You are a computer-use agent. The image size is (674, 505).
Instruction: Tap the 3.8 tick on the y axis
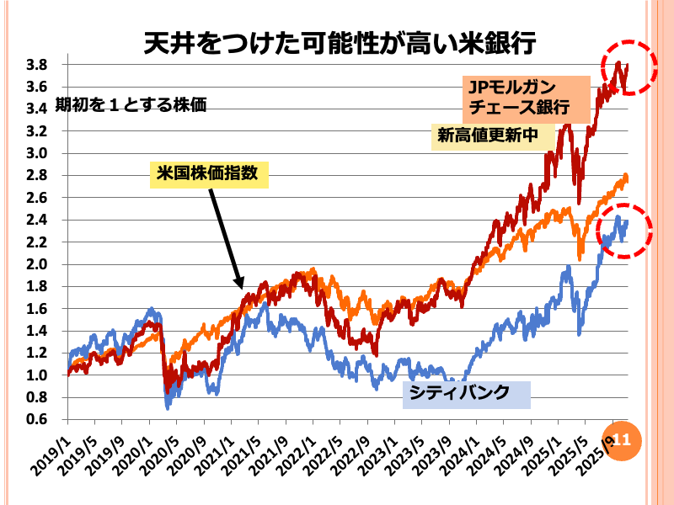click(36, 65)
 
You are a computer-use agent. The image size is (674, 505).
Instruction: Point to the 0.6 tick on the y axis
click(36, 419)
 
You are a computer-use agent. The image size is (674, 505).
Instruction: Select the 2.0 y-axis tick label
click(36, 264)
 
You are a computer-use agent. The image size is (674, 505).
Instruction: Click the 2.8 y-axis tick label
click(36, 175)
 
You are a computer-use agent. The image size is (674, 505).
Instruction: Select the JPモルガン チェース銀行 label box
click(516, 97)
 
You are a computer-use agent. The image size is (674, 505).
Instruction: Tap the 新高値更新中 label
click(487, 136)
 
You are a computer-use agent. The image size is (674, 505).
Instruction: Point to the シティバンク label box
click(466, 393)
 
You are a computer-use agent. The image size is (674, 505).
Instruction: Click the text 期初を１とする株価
click(131, 106)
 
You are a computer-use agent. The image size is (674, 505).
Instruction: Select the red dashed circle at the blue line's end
click(624, 230)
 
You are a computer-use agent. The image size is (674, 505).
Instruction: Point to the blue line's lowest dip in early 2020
click(168, 407)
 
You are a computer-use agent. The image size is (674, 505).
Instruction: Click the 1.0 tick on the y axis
click(36, 375)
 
